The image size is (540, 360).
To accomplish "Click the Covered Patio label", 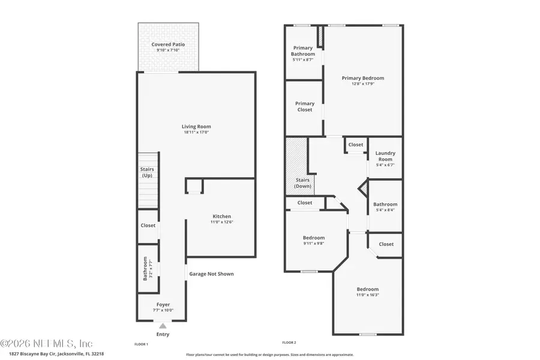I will (168, 44).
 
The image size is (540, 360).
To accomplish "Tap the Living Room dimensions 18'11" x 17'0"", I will (196, 133).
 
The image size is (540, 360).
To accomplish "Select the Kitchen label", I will (221, 217).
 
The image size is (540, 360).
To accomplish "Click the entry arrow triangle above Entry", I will (162, 325).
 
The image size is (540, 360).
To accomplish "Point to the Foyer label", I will (163, 305).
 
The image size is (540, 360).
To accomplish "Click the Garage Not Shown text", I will (211, 274).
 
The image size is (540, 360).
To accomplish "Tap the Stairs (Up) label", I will (148, 172).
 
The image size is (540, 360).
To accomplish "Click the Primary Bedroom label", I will (362, 78).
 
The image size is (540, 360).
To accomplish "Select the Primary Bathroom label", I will (303, 51).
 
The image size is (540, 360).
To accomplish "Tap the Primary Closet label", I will (305, 107).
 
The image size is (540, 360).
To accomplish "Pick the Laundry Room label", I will (385, 156).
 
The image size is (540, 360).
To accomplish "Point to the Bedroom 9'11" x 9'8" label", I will (313, 238).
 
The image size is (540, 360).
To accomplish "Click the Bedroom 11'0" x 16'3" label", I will (367, 289).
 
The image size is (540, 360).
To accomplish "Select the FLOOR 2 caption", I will (289, 343).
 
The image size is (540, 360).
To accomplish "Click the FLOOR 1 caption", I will (141, 344).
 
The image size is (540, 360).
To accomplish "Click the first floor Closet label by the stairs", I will (148, 226).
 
